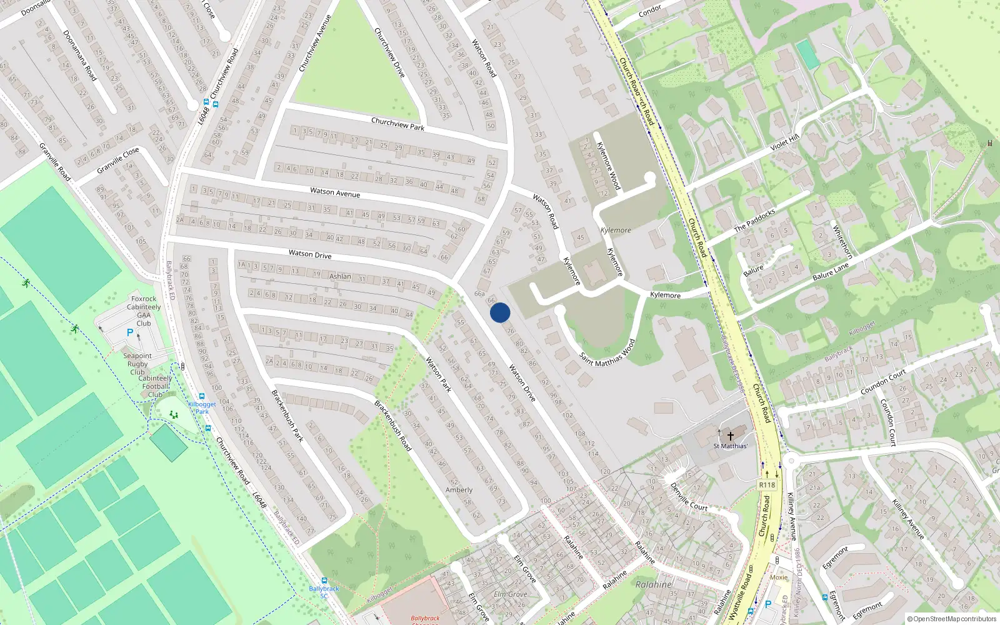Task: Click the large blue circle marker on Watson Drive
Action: [x=500, y=312]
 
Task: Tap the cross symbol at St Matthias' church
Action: [x=730, y=436]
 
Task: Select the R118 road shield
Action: [x=767, y=485]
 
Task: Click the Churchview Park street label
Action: [x=397, y=123]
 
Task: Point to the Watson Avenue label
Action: [x=335, y=192]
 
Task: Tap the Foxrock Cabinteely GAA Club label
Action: [x=144, y=311]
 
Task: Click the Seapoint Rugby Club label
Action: [x=137, y=364]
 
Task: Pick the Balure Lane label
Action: [x=831, y=271]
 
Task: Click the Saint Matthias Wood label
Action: [x=607, y=354]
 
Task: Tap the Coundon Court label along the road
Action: [x=883, y=382]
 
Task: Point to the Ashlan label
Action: [x=340, y=276]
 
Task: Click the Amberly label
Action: [x=459, y=490]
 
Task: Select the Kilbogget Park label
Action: [x=202, y=407]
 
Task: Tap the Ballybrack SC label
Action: [x=324, y=592]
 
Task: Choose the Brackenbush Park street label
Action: [x=287, y=416]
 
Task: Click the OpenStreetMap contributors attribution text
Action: [x=952, y=619]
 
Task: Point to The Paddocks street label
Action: [x=754, y=220]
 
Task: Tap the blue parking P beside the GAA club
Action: [x=130, y=333]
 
